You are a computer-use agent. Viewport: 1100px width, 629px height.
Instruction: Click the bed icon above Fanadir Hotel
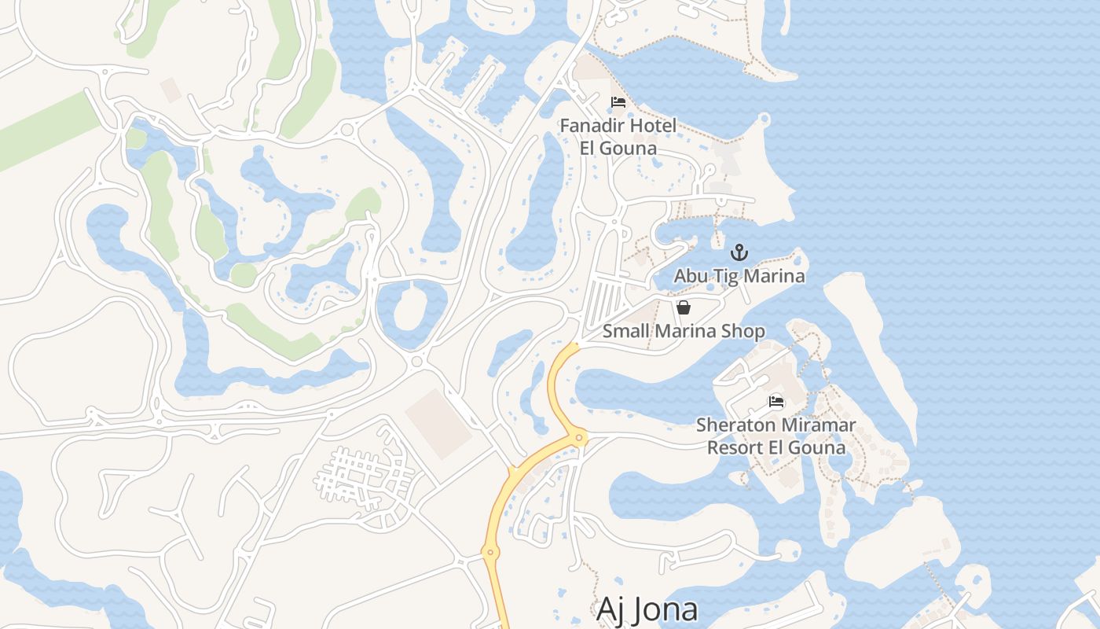(618, 102)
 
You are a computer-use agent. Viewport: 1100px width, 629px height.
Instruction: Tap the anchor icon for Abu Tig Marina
(739, 252)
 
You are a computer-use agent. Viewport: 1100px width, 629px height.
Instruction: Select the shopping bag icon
(684, 307)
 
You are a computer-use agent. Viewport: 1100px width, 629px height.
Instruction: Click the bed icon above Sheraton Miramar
(776, 402)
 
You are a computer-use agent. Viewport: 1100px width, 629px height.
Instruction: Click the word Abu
(691, 276)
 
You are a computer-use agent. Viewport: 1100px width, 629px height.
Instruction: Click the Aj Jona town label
(647, 609)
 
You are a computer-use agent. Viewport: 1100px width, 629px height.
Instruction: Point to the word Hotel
(651, 126)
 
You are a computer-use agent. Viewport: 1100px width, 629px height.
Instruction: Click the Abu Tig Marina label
(739, 276)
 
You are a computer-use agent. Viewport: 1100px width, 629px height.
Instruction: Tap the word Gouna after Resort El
(818, 447)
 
